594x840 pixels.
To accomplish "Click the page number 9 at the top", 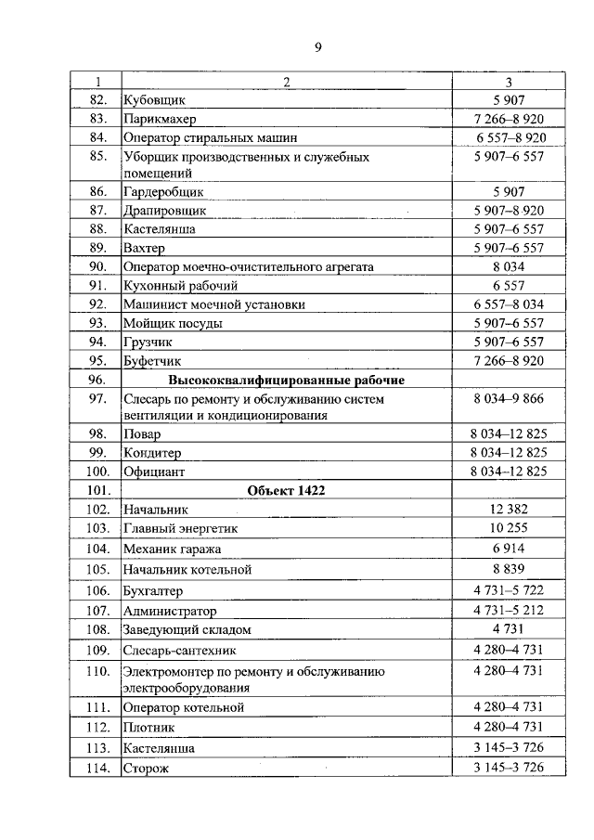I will click(x=317, y=47).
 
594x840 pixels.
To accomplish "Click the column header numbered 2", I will click(x=287, y=82).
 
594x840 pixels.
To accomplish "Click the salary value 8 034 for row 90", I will click(x=509, y=266).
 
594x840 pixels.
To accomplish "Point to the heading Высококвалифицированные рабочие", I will click(x=286, y=380).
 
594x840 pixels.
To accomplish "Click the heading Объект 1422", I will click(x=286, y=490).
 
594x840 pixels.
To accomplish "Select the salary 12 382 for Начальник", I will click(x=509, y=509).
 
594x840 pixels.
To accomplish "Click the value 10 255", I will click(x=509, y=528).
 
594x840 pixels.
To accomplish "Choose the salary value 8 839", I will click(x=509, y=569).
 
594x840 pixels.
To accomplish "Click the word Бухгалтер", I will click(x=153, y=590).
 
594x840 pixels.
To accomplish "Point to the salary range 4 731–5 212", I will click(x=509, y=611).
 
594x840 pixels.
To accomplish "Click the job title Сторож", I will click(x=146, y=768).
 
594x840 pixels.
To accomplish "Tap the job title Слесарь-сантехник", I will click(x=176, y=649).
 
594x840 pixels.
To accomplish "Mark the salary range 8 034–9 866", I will click(x=509, y=398).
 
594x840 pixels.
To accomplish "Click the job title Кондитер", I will click(x=152, y=452).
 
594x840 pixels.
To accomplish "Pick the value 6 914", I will click(x=509, y=549).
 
